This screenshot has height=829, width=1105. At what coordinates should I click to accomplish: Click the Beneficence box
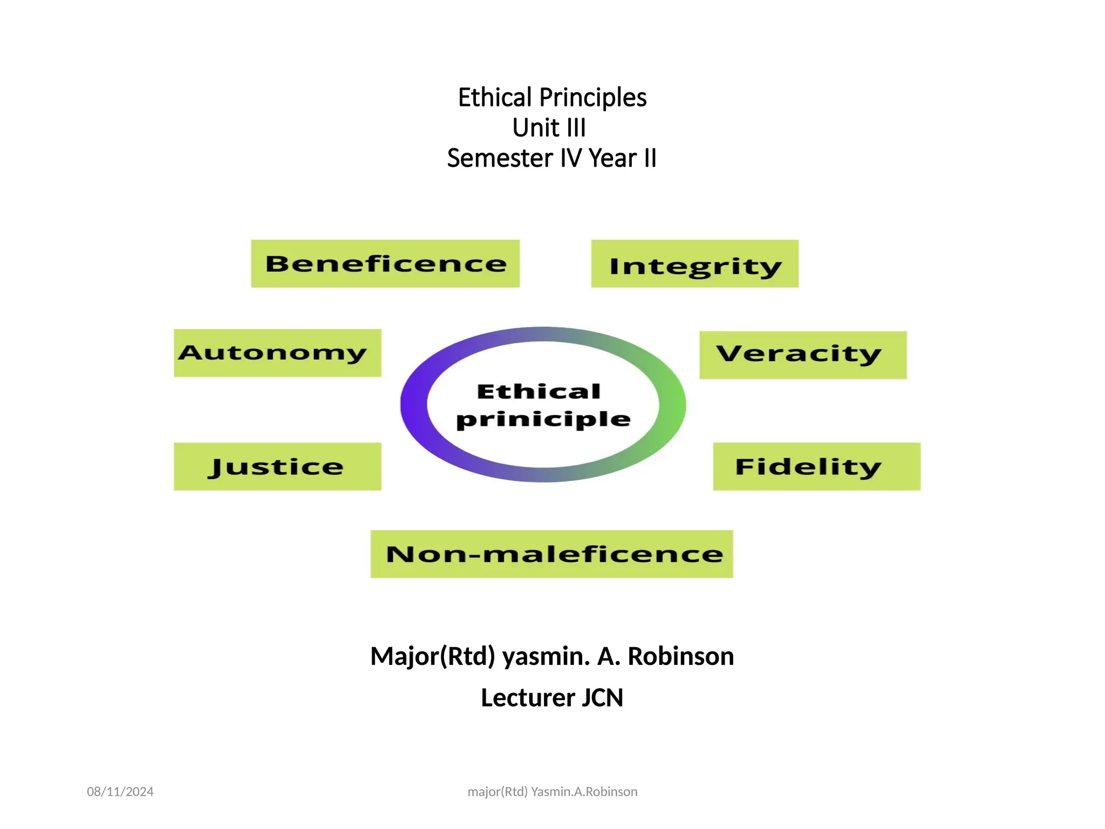click(385, 263)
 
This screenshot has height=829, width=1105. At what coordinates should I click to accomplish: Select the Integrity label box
click(694, 263)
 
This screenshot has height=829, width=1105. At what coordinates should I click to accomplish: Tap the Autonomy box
click(277, 353)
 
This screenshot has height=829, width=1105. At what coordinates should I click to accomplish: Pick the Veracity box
click(803, 355)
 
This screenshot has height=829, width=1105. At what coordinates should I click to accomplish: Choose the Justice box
click(277, 466)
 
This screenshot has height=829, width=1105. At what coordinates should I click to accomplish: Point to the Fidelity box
click(816, 466)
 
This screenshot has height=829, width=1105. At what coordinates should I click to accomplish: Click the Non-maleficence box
click(551, 554)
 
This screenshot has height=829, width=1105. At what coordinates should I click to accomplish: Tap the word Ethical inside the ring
click(538, 391)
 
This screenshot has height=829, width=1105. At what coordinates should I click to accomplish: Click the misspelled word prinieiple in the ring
click(543, 420)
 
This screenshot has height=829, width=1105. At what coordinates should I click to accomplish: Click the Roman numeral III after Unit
click(576, 128)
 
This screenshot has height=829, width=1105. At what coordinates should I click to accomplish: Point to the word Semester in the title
click(500, 158)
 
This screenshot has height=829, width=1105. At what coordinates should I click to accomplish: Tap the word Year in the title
click(612, 158)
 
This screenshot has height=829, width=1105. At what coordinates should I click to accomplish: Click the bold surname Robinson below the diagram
click(680, 656)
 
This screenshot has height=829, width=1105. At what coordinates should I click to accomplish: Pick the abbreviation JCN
click(602, 697)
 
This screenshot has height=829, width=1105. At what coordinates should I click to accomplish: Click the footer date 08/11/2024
click(120, 791)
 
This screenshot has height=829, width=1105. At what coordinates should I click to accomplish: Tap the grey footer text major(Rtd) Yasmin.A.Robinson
click(552, 791)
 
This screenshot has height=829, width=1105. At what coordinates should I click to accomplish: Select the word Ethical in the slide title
click(495, 98)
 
